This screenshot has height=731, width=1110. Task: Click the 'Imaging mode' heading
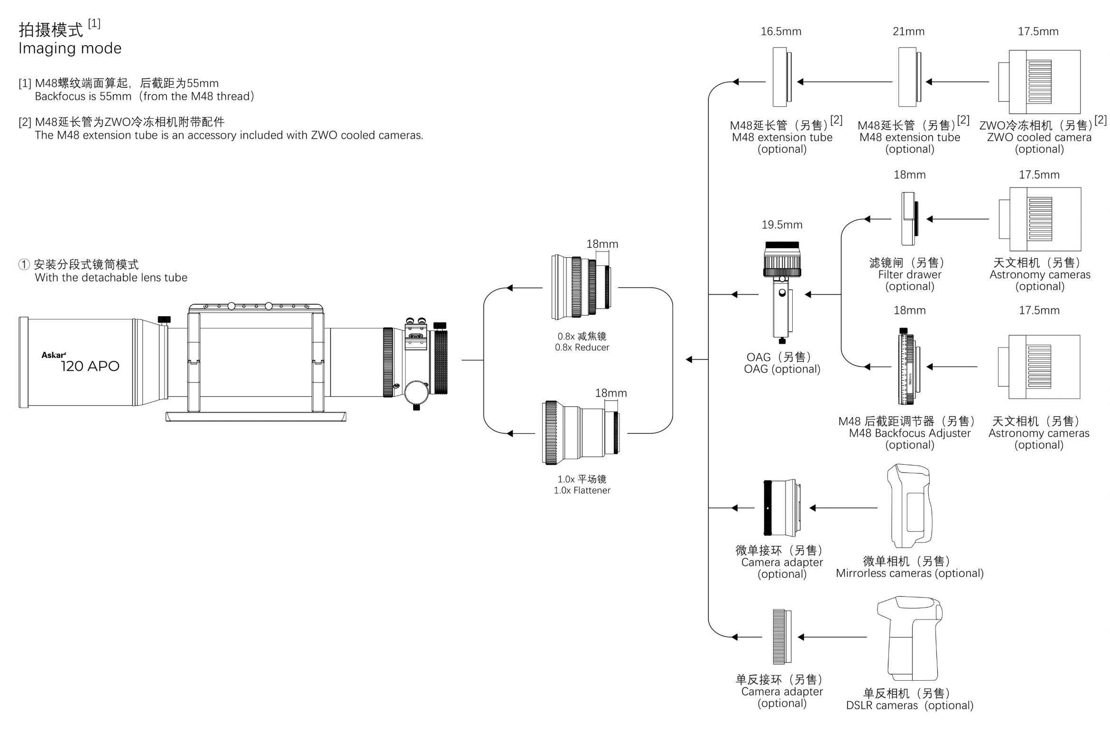click(70, 48)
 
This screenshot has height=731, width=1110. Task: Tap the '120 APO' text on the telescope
click(90, 366)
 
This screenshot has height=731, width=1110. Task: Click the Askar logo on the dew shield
click(53, 355)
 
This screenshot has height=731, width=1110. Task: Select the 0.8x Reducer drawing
click(581, 287)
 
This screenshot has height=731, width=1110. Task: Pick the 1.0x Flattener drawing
click(581, 432)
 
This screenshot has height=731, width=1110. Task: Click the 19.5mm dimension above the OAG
click(782, 225)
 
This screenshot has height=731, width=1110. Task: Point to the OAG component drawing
click(782, 292)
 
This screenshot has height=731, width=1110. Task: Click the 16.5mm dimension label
click(781, 32)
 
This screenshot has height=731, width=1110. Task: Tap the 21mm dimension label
click(908, 32)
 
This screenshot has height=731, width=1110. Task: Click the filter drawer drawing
click(909, 219)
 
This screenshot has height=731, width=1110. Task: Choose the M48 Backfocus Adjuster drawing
click(908, 366)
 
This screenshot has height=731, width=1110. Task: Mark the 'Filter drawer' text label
click(909, 275)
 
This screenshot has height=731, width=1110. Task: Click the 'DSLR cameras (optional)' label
click(909, 706)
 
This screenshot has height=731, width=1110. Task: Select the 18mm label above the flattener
click(610, 394)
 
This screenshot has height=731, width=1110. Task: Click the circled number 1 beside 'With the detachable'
click(24, 264)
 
